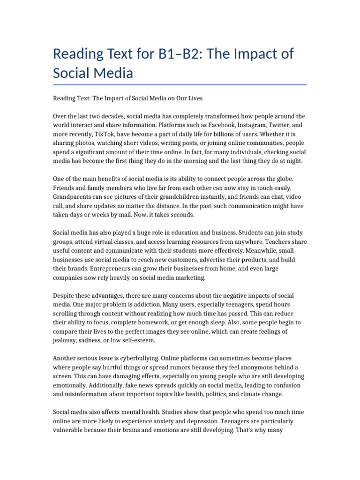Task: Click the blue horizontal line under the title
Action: [180, 85]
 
